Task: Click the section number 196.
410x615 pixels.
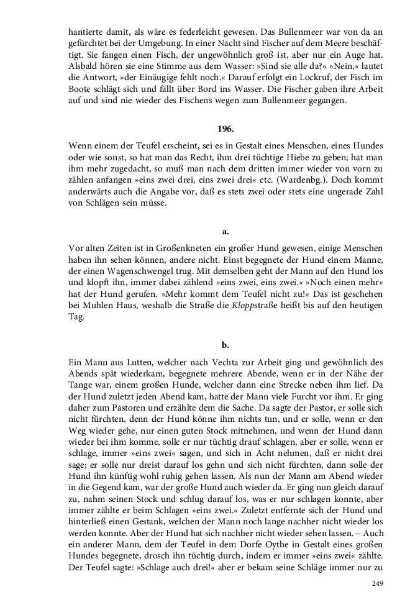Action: (x=225, y=129)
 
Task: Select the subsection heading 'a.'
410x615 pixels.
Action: (x=225, y=231)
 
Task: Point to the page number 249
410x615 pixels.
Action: (x=377, y=583)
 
